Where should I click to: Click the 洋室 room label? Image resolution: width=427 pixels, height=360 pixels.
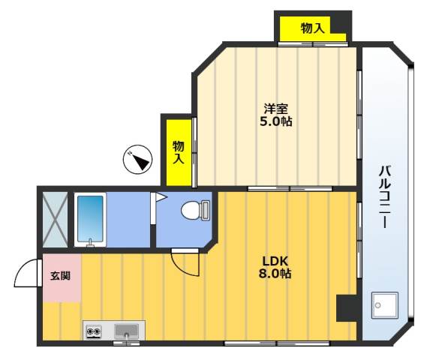pos(276,107)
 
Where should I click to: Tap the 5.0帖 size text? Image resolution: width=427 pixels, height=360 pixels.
pos(276,121)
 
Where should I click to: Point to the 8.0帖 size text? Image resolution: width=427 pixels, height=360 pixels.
pos(275,274)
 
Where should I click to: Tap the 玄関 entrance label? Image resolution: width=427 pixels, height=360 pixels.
pos(60,275)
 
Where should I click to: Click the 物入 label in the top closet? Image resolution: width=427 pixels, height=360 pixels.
pos(312,28)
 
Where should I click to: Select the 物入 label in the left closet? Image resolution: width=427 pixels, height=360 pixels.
pos(179,152)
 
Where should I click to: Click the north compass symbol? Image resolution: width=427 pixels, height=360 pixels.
pos(138,159)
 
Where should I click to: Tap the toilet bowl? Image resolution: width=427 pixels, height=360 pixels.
pos(194,211)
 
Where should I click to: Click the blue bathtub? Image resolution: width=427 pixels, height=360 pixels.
pos(90,218)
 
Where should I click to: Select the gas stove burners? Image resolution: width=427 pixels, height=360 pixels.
pos(95,330)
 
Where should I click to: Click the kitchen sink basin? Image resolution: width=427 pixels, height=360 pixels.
pos(127,330)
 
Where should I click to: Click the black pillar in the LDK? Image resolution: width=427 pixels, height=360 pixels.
pos(347,307)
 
